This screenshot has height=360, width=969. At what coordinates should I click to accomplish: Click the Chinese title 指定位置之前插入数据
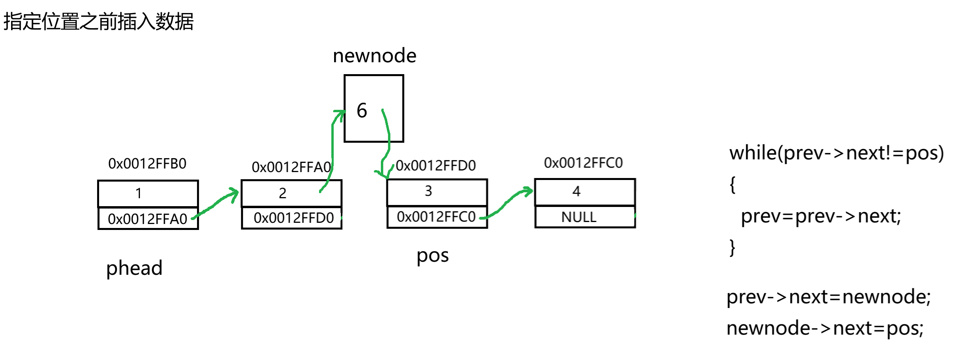click(98, 21)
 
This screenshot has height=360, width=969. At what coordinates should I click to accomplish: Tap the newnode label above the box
click(375, 56)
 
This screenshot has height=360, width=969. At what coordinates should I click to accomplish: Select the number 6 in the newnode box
click(362, 110)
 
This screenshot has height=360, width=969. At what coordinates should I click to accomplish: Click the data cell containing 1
click(147, 193)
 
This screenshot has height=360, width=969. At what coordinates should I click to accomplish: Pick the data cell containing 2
click(291, 193)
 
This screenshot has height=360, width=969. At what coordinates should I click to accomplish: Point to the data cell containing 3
click(437, 192)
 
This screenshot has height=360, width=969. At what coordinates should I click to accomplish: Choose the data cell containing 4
click(585, 192)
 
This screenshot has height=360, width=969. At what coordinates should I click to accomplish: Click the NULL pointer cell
click(585, 217)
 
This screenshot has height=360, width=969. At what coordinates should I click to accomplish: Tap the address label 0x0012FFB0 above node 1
click(147, 163)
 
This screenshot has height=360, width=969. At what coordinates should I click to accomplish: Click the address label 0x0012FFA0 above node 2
click(291, 167)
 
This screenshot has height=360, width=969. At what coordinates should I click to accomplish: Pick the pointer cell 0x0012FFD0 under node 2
click(294, 218)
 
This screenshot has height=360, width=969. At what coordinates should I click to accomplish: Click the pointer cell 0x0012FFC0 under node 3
click(436, 217)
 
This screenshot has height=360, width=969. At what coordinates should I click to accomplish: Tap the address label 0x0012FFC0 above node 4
click(583, 163)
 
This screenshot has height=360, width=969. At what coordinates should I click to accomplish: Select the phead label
click(134, 268)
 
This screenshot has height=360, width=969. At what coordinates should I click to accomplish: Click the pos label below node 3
click(432, 256)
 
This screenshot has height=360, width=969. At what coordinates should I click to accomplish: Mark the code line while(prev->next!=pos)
click(836, 153)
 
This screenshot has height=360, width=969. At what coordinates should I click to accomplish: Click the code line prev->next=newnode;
click(828, 297)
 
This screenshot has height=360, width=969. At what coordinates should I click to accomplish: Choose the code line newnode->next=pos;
click(825, 328)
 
